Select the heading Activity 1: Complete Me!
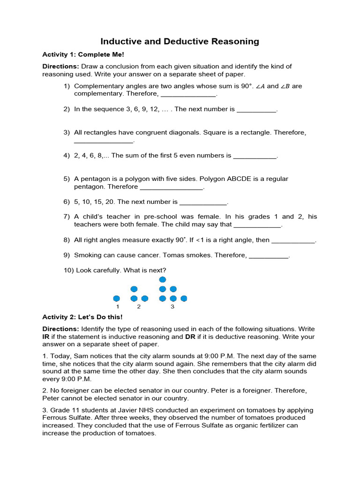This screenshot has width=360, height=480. click(83, 55)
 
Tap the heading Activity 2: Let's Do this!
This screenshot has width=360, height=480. click(83, 317)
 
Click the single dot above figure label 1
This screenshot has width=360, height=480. click(117, 298)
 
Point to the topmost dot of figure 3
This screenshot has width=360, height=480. click(163, 280)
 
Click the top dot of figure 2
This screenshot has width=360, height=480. click(134, 289)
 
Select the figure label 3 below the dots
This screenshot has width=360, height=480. click(172, 307)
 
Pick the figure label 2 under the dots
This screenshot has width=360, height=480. click(139, 307)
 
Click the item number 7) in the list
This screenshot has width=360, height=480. click(67, 217)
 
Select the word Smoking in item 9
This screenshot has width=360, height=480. click(88, 255)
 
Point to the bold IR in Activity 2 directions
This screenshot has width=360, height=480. click(46, 337)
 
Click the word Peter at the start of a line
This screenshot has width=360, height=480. click(52, 398)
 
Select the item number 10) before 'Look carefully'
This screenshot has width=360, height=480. click(68, 270)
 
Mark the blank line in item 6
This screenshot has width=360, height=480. click(203, 202)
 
